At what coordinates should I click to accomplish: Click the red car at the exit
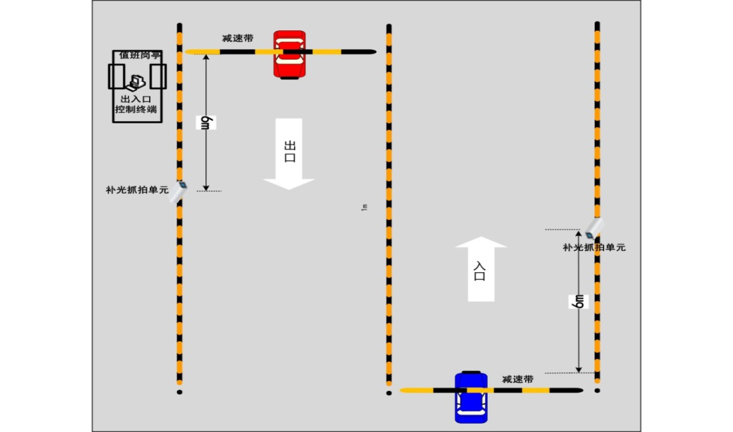[289, 54]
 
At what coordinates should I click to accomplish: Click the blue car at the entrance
[471, 397]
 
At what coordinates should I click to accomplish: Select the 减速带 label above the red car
[238, 39]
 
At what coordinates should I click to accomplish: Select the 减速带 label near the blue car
[518, 379]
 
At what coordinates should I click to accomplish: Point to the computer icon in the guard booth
[135, 81]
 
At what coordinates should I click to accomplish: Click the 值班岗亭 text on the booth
[139, 56]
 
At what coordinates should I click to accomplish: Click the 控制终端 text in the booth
[135, 110]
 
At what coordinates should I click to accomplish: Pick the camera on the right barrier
[595, 227]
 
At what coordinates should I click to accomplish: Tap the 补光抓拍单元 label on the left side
[137, 189]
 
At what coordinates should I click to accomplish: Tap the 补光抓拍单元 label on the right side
[594, 248]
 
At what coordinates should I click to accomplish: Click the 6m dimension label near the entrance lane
[579, 301]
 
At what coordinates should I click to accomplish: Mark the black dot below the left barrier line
[179, 392]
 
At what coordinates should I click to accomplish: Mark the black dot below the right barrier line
[597, 390]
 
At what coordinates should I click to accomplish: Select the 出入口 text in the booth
[135, 99]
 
